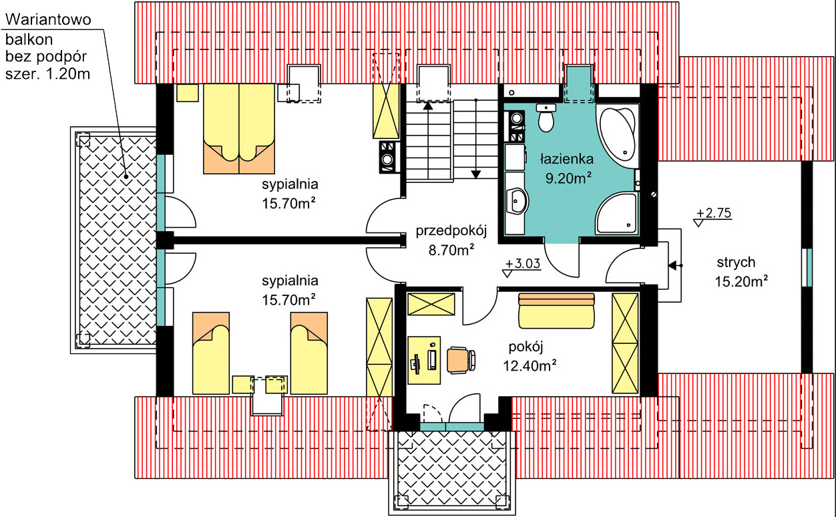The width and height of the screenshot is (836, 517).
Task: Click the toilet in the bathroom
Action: coord(546,118)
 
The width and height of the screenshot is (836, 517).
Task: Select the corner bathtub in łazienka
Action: coord(616,135)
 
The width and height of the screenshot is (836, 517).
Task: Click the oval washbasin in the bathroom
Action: coord(517,201)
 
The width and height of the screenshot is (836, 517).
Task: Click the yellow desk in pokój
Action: coord(424,360)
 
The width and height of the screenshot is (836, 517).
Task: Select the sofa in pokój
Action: coord(556,311)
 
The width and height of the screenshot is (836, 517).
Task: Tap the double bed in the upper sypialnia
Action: coord(239,129)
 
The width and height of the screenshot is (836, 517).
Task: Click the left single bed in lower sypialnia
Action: coord(211,353)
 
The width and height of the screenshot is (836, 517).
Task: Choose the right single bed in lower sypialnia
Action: coord(309,353)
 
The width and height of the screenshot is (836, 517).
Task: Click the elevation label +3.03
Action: coord(522,264)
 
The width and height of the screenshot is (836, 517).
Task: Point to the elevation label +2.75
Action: coord(714,213)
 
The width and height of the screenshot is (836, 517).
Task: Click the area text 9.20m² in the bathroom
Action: coord(568,178)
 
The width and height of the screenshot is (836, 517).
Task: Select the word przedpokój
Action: coord(451,230)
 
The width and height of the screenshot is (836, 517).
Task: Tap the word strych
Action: coord(736,263)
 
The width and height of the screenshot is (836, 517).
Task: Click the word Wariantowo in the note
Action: coord(48,19)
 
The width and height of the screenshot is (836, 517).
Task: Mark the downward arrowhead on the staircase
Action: coord(476,174)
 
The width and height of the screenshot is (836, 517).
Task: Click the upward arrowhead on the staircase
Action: coord(428,106)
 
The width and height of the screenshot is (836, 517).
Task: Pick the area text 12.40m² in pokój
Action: coord(530,365)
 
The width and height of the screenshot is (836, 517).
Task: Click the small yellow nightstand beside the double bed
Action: coord(188,93)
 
